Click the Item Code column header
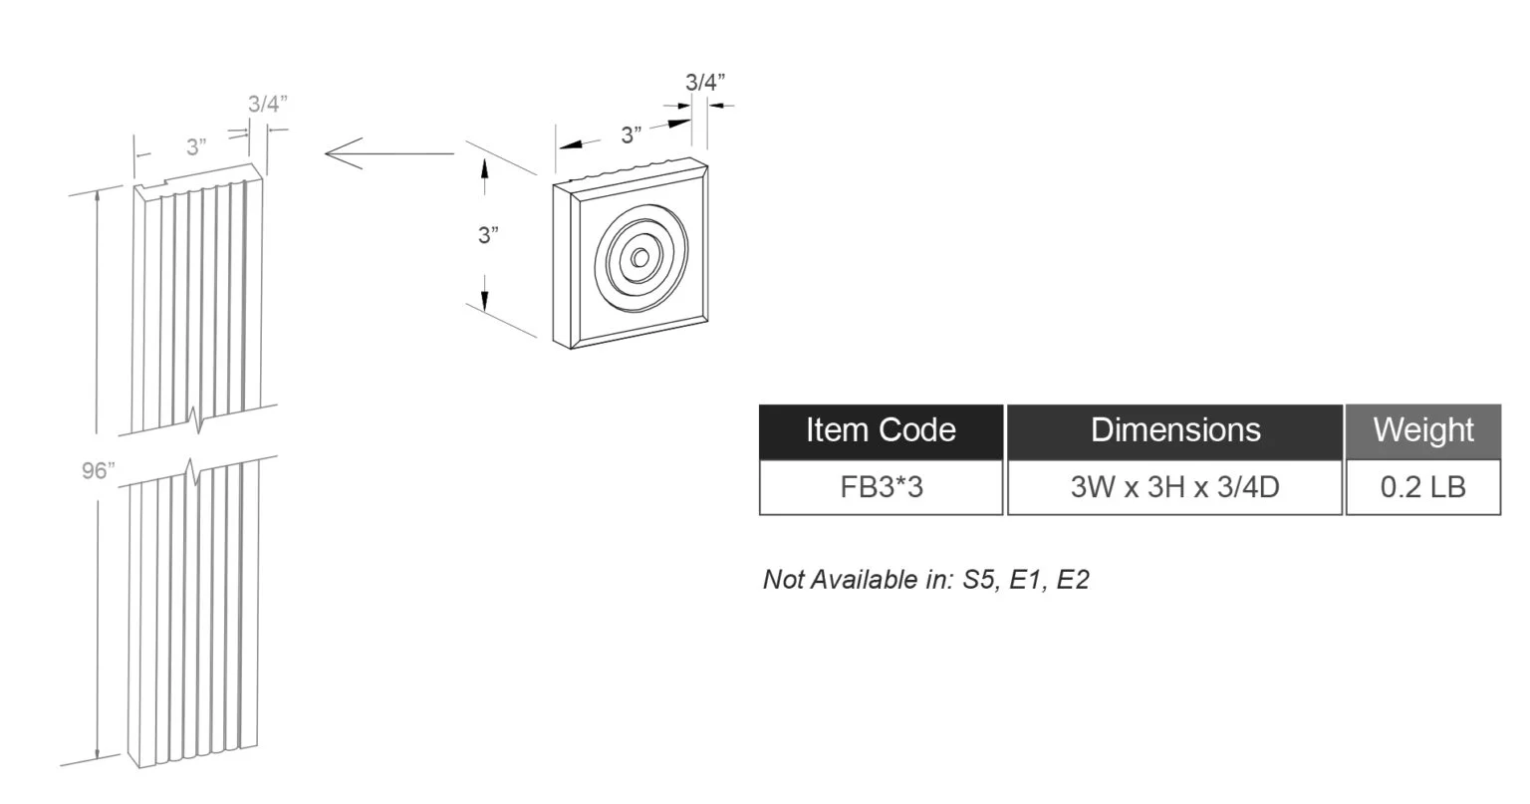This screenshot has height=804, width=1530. click(882, 431)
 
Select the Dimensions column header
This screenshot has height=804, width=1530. click(1174, 431)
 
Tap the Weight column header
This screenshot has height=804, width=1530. click(1423, 431)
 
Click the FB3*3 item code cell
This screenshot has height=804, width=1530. click(882, 487)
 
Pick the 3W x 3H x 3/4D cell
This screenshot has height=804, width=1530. click(1174, 487)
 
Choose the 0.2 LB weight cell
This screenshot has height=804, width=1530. click(1423, 487)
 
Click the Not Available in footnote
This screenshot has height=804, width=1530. click(925, 579)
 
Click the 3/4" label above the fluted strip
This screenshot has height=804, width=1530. click(267, 104)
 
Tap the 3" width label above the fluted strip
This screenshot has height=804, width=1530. click(196, 146)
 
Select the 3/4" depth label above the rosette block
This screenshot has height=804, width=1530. click(705, 82)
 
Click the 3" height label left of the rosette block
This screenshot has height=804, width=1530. click(488, 236)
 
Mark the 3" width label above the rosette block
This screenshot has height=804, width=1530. click(632, 135)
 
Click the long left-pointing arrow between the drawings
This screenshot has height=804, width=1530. click(389, 153)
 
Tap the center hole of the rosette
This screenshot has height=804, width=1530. click(640, 258)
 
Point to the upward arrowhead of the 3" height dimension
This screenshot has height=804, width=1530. click(484, 167)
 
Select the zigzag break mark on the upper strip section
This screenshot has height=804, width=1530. click(197, 420)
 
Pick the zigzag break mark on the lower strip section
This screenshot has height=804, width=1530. click(194, 471)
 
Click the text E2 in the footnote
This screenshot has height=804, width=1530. click(1073, 579)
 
